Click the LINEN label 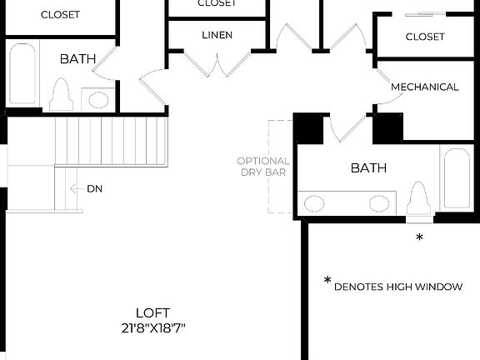tap(217, 35)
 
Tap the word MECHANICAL tap(424, 87)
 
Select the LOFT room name tap(152, 313)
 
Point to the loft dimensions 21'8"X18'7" tap(152, 328)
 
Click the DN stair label tap(95, 189)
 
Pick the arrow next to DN tap(76, 189)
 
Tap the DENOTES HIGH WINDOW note tap(397, 287)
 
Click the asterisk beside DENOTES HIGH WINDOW tap(327, 282)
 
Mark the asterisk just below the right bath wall tap(419, 238)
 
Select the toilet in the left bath tap(61, 95)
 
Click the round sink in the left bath tap(98, 100)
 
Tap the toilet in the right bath tap(419, 200)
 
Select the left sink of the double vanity tap(315, 202)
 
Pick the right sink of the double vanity tap(379, 202)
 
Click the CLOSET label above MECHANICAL tap(424, 37)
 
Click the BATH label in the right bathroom tap(368, 167)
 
